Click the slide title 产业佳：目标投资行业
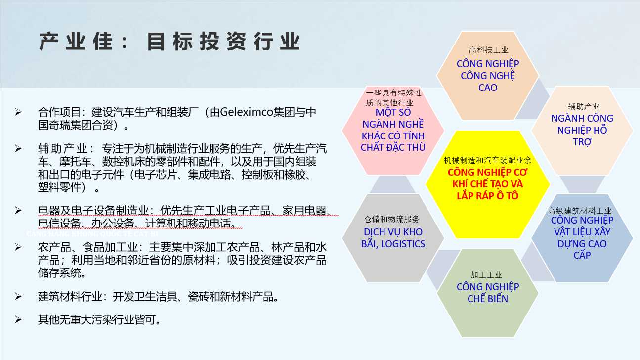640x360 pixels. (x=170, y=42)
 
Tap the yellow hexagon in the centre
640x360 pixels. (x=488, y=184)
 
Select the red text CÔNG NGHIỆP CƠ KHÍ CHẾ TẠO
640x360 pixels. (x=488, y=178)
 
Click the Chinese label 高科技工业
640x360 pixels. (x=488, y=50)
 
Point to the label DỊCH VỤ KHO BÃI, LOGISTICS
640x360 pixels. (x=393, y=238)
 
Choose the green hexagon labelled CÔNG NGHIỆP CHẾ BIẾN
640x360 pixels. (x=488, y=293)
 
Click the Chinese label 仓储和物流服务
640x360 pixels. (x=392, y=219)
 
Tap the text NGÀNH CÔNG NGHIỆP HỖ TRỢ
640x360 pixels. (x=582, y=130)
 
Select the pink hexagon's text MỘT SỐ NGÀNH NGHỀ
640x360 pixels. (x=393, y=118)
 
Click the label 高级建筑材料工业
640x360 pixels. (x=579, y=211)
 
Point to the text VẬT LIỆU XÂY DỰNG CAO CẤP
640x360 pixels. (x=582, y=243)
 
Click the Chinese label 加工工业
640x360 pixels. (x=486, y=275)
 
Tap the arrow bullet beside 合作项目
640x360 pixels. (x=18, y=112)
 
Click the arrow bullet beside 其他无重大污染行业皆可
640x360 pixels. (x=18, y=319)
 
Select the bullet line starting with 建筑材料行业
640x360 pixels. (x=158, y=297)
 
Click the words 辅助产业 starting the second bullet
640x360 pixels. (x=63, y=149)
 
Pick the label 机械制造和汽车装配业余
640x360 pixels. (x=487, y=160)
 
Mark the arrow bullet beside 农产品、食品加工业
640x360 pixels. (x=18, y=247)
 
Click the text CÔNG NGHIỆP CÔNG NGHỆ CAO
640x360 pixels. (x=488, y=76)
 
